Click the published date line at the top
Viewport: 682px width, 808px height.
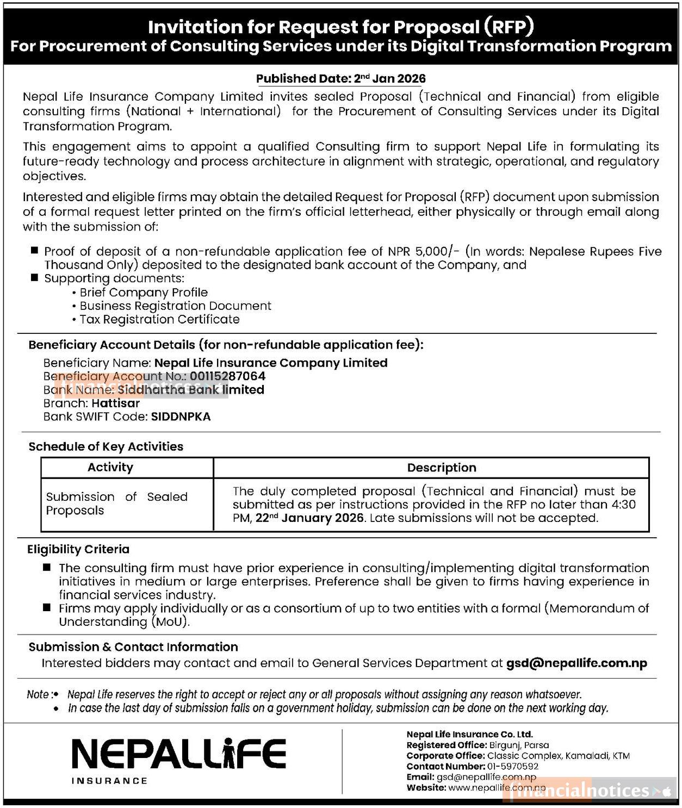coord(340,79)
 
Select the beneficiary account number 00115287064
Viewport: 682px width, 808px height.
coord(227,376)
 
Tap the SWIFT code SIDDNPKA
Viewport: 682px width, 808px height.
coord(181,417)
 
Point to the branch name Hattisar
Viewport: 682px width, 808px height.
coord(115,403)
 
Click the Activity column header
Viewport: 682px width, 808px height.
coord(110,468)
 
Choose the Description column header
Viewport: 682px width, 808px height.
coord(441,468)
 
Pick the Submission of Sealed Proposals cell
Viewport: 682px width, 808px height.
coord(116,504)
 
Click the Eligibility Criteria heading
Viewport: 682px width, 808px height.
coord(78,550)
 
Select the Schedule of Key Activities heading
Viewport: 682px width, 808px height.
coord(106,447)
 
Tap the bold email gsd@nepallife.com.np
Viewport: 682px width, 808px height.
coord(576,663)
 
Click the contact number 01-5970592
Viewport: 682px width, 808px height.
coord(513,767)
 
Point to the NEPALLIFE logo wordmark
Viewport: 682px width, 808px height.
coord(178,754)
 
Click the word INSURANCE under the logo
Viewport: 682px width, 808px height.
coord(109,781)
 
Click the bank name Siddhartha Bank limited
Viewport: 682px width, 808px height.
coord(190,390)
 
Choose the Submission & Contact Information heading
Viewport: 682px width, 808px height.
coord(133,647)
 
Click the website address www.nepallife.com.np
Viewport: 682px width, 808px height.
coord(496,787)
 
